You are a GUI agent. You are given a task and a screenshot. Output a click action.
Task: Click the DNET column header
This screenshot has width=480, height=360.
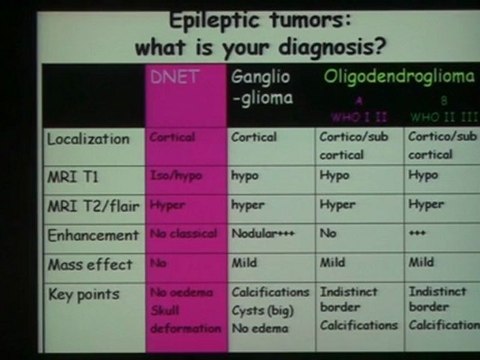tap(175, 77)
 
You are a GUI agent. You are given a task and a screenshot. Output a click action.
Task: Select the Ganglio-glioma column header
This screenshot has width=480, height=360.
tap(263, 86)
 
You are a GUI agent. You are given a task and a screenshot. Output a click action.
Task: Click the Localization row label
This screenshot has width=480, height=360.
tap(89, 139)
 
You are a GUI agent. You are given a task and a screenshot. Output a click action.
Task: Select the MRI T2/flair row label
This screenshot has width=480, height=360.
tap(90, 205)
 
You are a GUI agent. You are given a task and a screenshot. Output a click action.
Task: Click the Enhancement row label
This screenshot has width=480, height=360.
tap(93, 236)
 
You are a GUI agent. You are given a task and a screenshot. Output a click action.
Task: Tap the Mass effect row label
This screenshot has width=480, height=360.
tap(88, 265)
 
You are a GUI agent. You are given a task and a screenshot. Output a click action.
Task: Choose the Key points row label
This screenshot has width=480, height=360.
tap(83, 294)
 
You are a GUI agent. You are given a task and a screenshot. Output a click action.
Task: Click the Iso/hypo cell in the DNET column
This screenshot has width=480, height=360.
tap(176, 175)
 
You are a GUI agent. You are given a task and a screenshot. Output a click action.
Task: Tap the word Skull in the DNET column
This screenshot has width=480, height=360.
tap(166, 311)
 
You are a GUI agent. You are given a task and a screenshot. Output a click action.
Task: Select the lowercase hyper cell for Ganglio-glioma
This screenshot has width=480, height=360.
tap(249, 205)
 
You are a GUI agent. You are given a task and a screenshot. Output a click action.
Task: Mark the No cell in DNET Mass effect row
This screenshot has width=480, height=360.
tap(158, 265)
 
